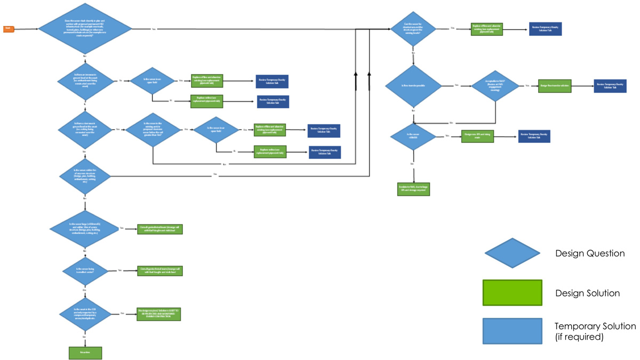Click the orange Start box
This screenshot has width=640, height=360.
(x=9, y=29)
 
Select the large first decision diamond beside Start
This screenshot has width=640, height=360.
(x=85, y=30)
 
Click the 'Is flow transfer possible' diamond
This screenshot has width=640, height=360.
(x=413, y=85)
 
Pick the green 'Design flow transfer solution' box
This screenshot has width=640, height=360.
(x=555, y=85)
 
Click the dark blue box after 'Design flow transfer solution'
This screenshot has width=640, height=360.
(x=610, y=85)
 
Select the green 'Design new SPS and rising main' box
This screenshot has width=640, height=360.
(x=476, y=136)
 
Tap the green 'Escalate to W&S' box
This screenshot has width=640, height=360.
(x=413, y=189)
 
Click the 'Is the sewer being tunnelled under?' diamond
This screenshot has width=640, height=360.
(x=85, y=270)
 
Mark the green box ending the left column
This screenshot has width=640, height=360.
(x=85, y=353)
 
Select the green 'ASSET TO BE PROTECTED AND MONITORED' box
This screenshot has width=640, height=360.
(x=159, y=314)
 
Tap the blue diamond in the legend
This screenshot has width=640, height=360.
(x=511, y=253)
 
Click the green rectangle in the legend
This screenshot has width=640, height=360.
(x=512, y=293)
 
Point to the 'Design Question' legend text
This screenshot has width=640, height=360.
(x=590, y=253)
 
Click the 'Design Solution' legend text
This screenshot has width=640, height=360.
(x=587, y=293)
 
